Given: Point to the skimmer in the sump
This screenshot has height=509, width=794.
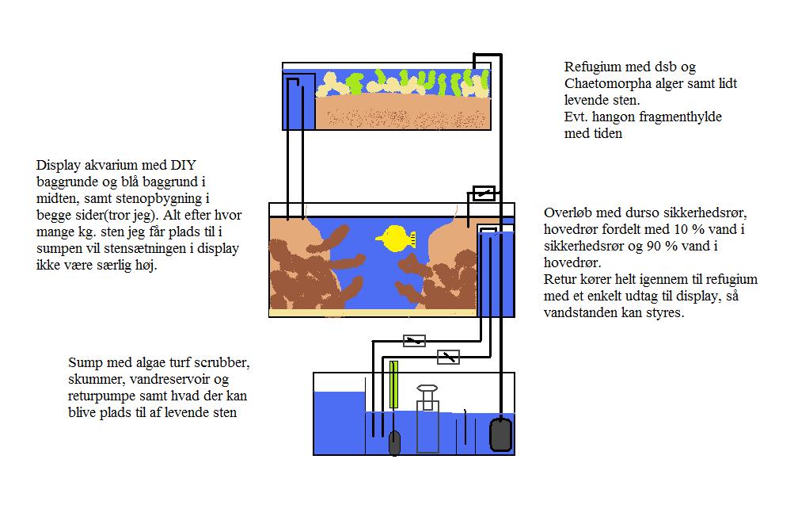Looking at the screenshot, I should tap(427, 420).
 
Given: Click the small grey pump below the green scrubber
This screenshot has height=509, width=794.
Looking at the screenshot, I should tap(395, 442).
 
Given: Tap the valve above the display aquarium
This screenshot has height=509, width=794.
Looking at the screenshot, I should tap(484, 193).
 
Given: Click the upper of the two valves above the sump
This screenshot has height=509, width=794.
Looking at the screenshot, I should tap(414, 341).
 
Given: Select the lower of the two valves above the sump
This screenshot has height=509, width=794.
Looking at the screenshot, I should tap(449, 357).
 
